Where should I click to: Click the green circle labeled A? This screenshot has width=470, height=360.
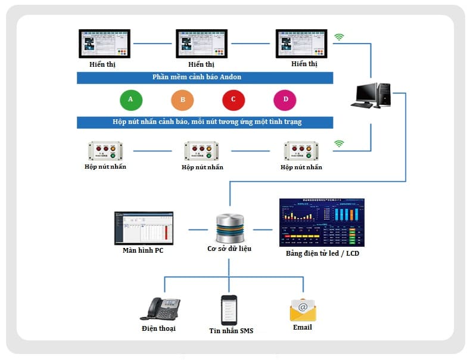[130, 100]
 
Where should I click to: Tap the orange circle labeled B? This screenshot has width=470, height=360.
[182, 100]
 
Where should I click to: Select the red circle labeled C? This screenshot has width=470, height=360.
[234, 100]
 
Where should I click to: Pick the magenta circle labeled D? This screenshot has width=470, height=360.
[285, 100]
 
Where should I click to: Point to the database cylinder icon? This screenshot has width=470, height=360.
[229, 229]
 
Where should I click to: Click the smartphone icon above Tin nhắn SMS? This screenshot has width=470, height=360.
[229, 309]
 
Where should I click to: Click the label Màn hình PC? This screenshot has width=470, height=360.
[143, 250]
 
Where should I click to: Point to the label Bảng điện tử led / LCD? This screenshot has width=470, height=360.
[322, 253]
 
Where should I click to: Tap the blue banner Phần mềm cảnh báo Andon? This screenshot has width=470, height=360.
[204, 77]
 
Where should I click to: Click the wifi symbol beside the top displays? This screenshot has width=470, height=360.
[339, 37]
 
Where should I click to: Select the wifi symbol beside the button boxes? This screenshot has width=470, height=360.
[339, 143]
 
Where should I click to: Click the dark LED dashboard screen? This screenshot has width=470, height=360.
[322, 222]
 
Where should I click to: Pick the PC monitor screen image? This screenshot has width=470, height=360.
[144, 228]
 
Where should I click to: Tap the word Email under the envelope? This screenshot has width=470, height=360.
[302, 327]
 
